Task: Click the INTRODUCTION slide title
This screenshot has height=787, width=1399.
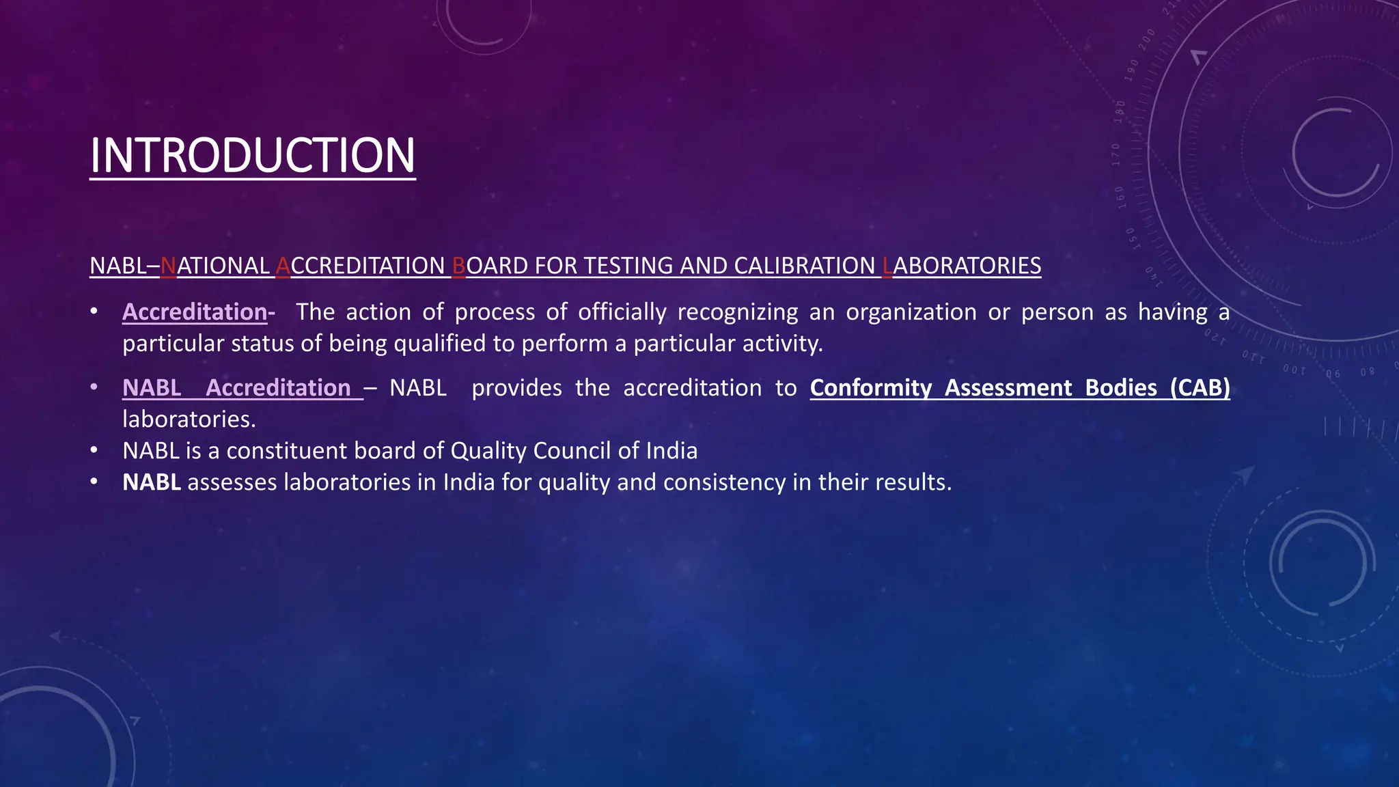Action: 252,155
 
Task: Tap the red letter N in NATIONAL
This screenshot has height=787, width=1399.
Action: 168,266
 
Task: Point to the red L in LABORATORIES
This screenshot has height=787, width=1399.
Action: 887,266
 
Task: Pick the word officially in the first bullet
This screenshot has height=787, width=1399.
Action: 622,312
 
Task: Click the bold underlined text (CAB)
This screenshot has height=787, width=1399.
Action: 1200,388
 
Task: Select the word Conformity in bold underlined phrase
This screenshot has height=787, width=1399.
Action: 870,388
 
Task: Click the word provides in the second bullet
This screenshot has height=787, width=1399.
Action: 516,388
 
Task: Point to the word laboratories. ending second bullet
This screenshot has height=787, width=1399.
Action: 189,419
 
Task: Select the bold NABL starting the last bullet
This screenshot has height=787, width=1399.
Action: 152,482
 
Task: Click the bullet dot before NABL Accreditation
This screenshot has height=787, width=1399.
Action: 94,388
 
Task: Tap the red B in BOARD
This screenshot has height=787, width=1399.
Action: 458,266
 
